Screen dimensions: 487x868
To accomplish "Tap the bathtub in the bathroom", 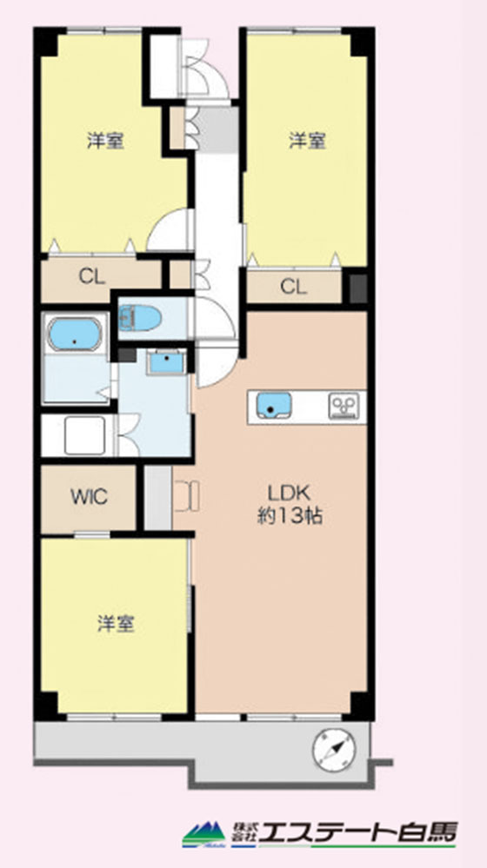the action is coord(74,335).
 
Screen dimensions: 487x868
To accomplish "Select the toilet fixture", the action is coord(140,318).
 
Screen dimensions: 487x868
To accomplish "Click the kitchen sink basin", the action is coord(274,406).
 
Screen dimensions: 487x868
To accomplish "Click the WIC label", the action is coord(89,496).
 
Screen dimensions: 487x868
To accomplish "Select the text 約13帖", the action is coord(290,516).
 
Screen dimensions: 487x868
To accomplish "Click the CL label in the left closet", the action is coord(92,276).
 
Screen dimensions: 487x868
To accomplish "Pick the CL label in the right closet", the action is coord(293,287).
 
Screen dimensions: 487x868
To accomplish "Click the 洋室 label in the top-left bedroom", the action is coord(105,141).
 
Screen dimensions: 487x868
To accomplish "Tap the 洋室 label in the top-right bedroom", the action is coord(307,141).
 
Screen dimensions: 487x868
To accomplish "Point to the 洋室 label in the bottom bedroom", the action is coord(116,624).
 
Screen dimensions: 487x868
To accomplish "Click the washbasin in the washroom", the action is coord(165,362).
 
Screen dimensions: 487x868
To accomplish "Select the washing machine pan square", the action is coord(84,435).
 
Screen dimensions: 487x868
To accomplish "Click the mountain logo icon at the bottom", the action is coord(203,833).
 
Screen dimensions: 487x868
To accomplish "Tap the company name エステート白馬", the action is coord(359,833).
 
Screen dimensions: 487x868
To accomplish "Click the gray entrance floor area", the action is coord(217,130).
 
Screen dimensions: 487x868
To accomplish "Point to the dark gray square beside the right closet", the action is coord(358,288).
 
